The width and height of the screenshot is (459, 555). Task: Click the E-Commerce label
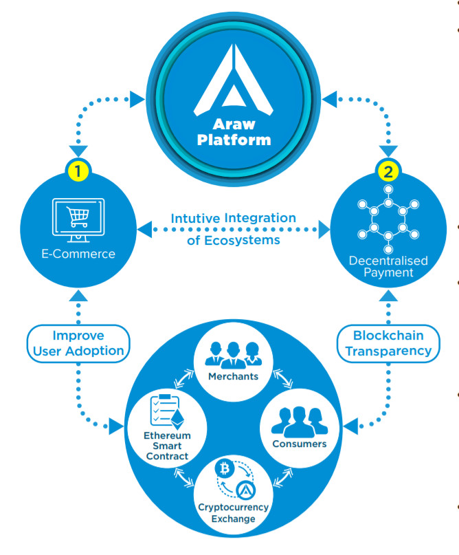tap(78, 254)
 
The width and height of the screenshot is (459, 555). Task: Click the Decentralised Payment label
tap(388, 267)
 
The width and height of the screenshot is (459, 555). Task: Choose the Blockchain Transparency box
tap(388, 342)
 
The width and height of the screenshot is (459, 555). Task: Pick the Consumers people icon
tap(298, 419)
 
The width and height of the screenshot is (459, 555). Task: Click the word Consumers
tap(298, 444)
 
